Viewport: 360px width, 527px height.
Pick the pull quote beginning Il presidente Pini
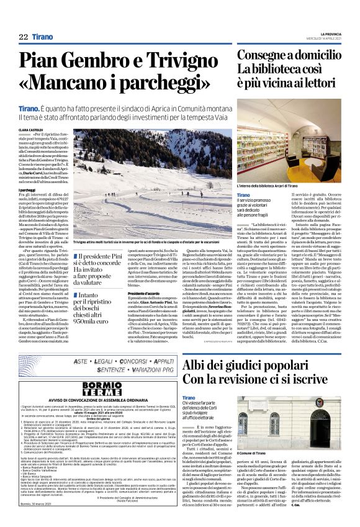point(99,263)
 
